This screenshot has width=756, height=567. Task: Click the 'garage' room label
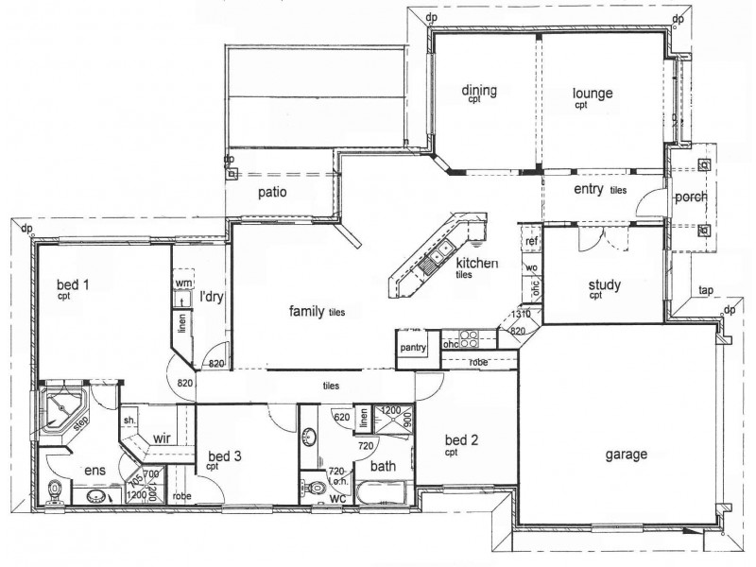[x=626, y=454]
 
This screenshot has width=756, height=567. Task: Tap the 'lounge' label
[x=593, y=94]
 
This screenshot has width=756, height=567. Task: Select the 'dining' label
[x=479, y=91]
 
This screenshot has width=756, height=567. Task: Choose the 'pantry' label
[x=414, y=348]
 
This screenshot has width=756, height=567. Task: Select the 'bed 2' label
[x=463, y=442]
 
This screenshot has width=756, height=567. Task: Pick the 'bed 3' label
[x=225, y=456]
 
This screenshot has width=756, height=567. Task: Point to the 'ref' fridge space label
[x=531, y=242]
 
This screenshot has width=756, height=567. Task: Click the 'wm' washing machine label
[x=184, y=282]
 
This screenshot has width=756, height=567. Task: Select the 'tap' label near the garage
[x=705, y=290]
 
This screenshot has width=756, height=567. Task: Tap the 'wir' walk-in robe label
[x=160, y=438]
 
